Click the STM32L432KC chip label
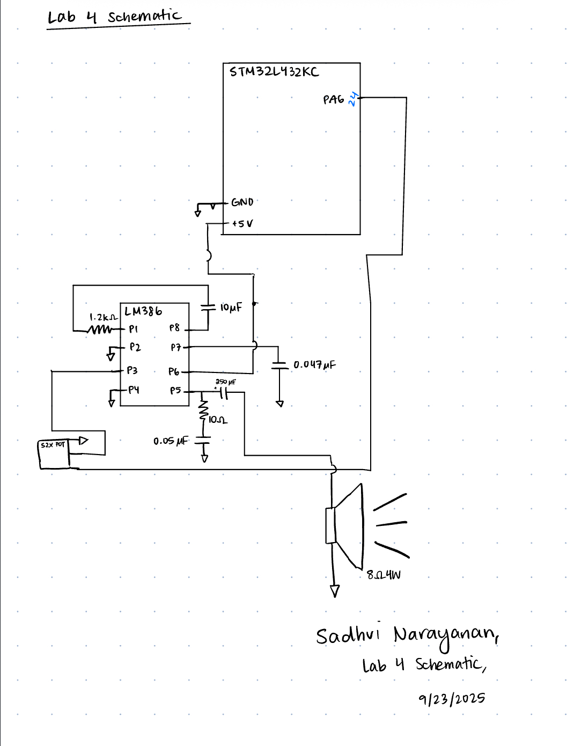(274, 72)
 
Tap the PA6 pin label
(333, 99)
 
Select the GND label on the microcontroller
(242, 202)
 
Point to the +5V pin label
(242, 223)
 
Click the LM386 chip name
(143, 311)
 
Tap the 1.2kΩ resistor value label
(103, 317)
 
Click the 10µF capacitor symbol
(208, 308)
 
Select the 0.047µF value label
(314, 365)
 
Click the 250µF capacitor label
(225, 382)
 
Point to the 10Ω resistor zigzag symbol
(203, 411)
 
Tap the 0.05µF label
(171, 441)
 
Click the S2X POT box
(54, 454)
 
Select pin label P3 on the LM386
(132, 370)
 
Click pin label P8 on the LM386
(174, 327)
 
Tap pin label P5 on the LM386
(175, 391)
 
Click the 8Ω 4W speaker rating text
(384, 575)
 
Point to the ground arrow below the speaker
(335, 591)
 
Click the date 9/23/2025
(452, 699)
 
